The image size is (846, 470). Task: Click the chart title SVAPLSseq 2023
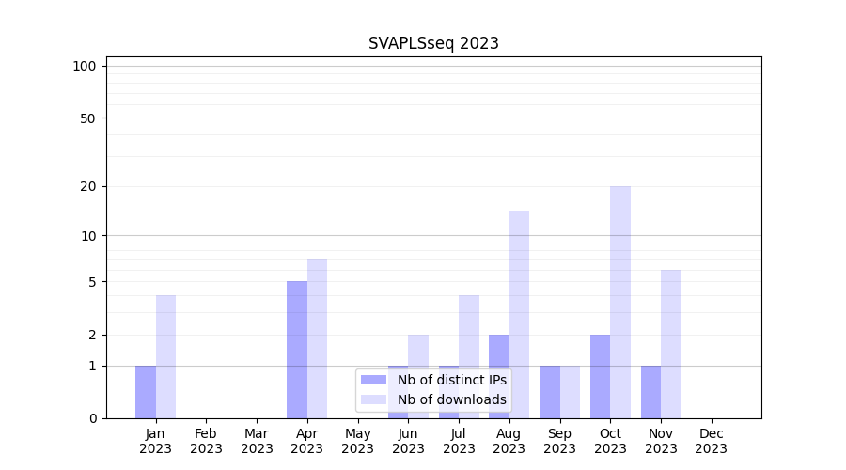coord(433,43)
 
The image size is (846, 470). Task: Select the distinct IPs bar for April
coord(297,350)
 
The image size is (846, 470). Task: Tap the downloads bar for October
coord(620,302)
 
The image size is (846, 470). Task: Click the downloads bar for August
coord(519,315)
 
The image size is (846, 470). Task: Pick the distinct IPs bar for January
coord(146,392)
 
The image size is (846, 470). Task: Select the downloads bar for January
coord(165,356)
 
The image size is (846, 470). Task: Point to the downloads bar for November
coord(671,344)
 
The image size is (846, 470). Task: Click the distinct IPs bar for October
coord(600,376)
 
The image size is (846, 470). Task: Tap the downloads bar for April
coord(317,338)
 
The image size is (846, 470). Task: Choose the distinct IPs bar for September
coord(549,392)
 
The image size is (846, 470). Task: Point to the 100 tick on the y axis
coord(85,66)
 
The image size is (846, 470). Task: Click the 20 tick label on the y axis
coord(88,186)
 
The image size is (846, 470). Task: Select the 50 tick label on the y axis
coord(88,118)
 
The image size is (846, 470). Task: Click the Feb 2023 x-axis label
coord(206,441)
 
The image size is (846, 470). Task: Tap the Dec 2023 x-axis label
coord(712,441)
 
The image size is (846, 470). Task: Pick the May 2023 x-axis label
coord(357,441)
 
